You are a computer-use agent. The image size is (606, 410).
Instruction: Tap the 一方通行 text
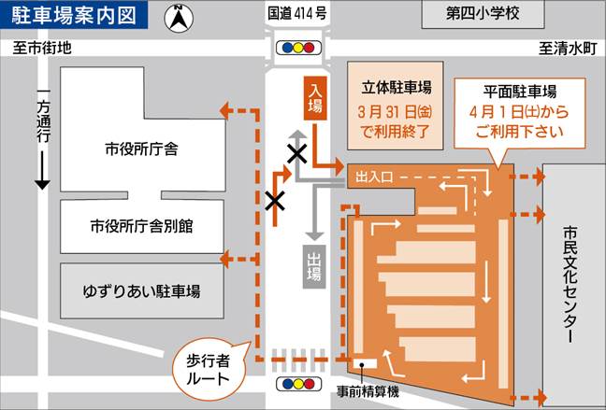(42, 121)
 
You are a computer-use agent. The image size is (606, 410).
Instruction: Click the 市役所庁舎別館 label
(142, 226)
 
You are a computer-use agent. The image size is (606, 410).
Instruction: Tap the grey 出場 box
(315, 263)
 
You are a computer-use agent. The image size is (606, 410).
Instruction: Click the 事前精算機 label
(368, 391)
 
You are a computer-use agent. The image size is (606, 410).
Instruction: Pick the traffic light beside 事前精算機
(295, 384)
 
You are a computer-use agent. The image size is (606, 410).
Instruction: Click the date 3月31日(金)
(396, 110)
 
